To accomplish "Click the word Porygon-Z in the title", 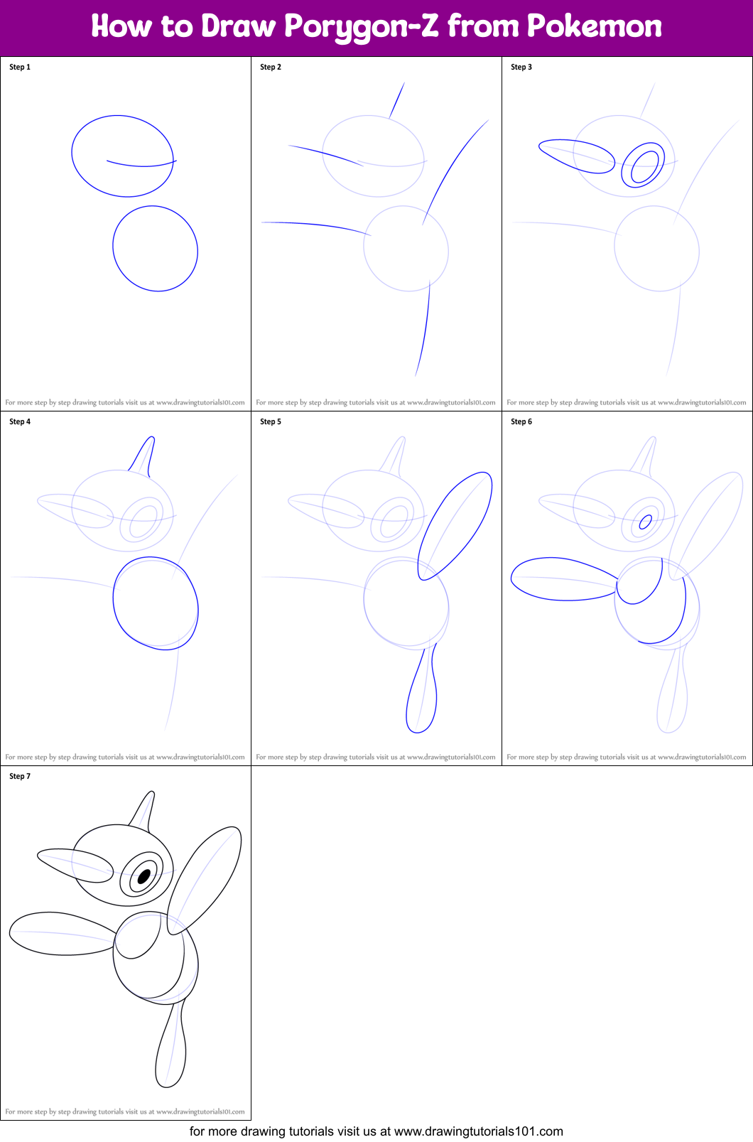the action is click(362, 27).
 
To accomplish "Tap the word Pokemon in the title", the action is click(594, 26).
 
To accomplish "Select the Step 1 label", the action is click(20, 67).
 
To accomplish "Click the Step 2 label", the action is click(271, 67).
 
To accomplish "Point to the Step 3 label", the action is click(521, 67).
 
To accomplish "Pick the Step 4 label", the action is click(20, 421).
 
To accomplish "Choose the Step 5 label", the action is click(271, 421).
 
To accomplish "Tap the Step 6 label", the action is click(521, 421).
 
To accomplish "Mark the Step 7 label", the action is click(20, 776).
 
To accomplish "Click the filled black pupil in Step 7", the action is click(144, 876).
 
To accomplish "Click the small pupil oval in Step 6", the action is click(646, 522).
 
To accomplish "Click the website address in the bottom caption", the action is click(478, 1131).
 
